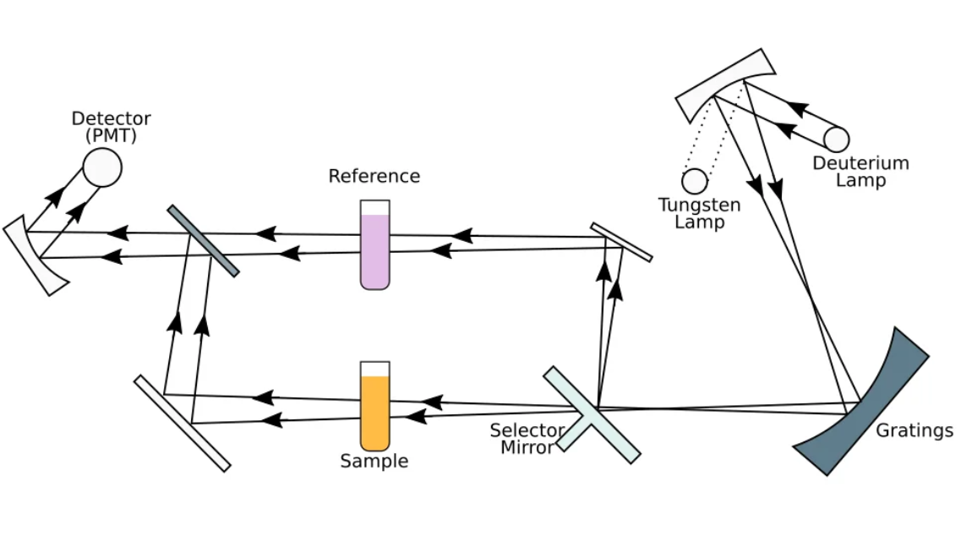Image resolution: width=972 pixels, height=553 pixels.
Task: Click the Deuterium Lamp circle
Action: coord(837,140)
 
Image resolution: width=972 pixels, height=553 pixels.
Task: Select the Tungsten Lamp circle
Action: coord(695,181)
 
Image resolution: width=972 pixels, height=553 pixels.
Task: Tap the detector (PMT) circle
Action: coord(102,167)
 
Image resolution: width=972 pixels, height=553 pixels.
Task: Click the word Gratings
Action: coord(914,430)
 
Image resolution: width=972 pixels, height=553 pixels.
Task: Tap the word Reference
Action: coord(374,176)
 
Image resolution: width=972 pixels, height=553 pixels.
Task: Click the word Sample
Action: coord(374,461)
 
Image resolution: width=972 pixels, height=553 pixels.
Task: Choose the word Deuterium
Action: coord(860,163)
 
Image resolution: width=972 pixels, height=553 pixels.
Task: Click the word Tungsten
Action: coord(700,205)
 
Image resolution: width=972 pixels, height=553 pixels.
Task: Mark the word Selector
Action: coord(527,430)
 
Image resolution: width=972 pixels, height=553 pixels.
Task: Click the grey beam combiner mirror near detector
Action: coord(203,240)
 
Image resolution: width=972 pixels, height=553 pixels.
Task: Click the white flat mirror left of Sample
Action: coord(182,423)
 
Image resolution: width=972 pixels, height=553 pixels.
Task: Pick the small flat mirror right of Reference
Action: coord(621,242)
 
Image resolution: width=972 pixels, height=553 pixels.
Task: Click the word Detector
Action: coord(112,118)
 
